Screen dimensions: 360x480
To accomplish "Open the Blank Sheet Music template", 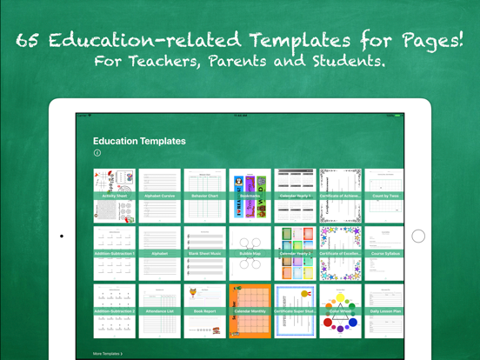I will [x=204, y=252].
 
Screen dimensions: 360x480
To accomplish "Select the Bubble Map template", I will [x=250, y=252].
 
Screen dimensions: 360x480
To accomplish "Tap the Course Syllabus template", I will [x=383, y=252].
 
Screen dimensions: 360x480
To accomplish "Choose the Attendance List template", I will [x=160, y=310].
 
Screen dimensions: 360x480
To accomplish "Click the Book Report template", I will [x=204, y=310].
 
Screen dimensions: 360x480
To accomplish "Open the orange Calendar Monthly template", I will [x=250, y=310].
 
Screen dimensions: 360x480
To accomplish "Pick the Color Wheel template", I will [x=339, y=310].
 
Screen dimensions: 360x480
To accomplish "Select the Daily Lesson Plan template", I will [x=383, y=310].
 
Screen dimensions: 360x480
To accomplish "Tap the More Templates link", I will [x=108, y=354].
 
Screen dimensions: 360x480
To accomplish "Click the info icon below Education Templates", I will [x=97, y=153].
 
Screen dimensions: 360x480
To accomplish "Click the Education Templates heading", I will [x=139, y=141].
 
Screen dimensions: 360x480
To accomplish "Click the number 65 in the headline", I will [x=28, y=40].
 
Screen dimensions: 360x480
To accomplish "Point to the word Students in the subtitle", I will [x=356, y=62].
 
